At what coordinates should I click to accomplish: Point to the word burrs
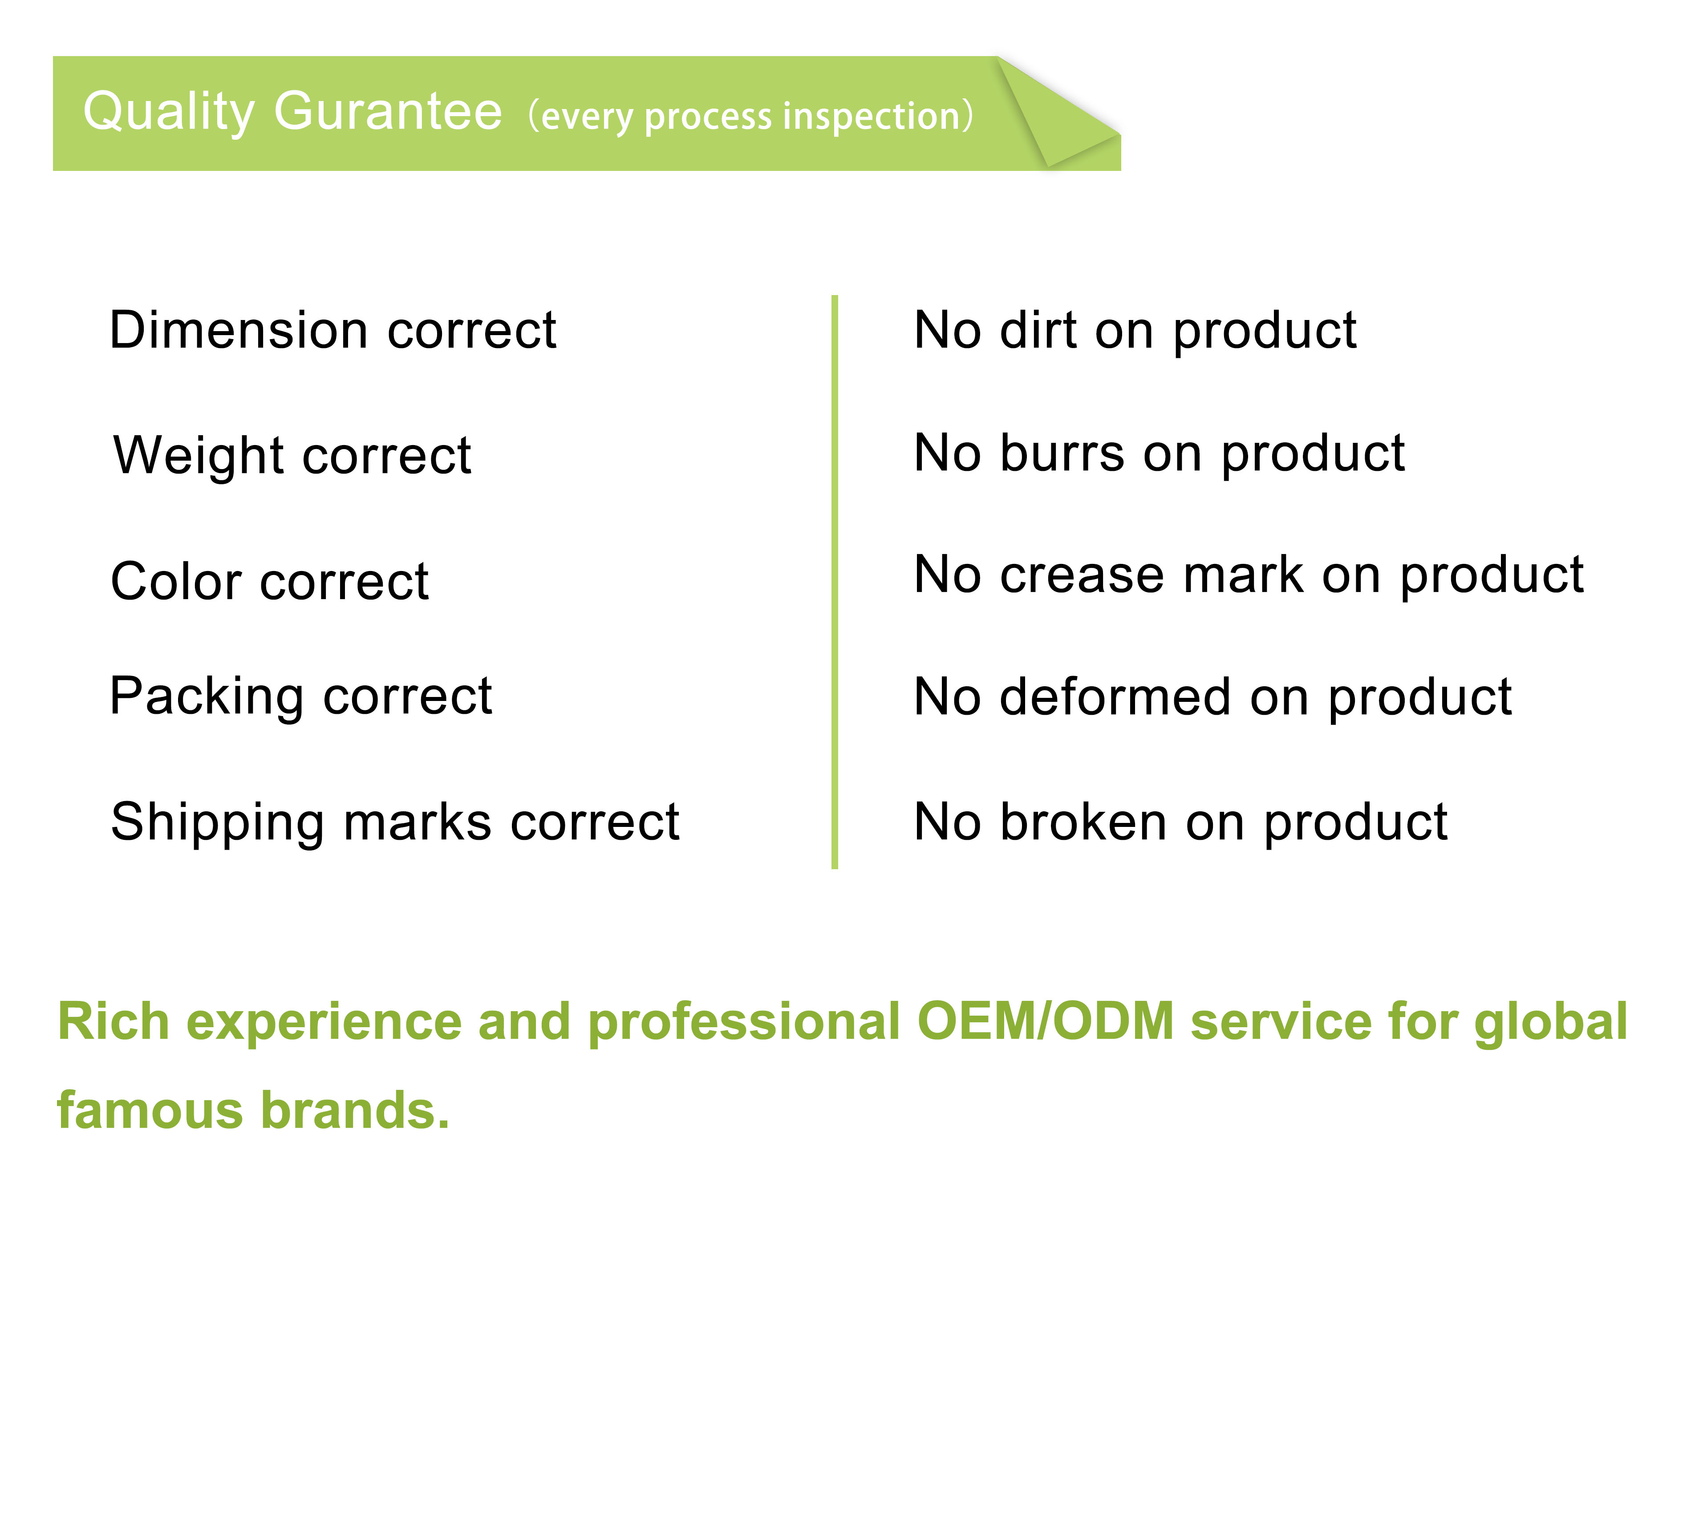(1061, 453)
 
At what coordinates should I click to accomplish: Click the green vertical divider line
(835, 581)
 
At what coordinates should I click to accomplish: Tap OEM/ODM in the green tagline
(1046, 1022)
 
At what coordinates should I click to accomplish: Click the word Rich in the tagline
(113, 1022)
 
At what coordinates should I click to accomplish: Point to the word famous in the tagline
(150, 1111)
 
